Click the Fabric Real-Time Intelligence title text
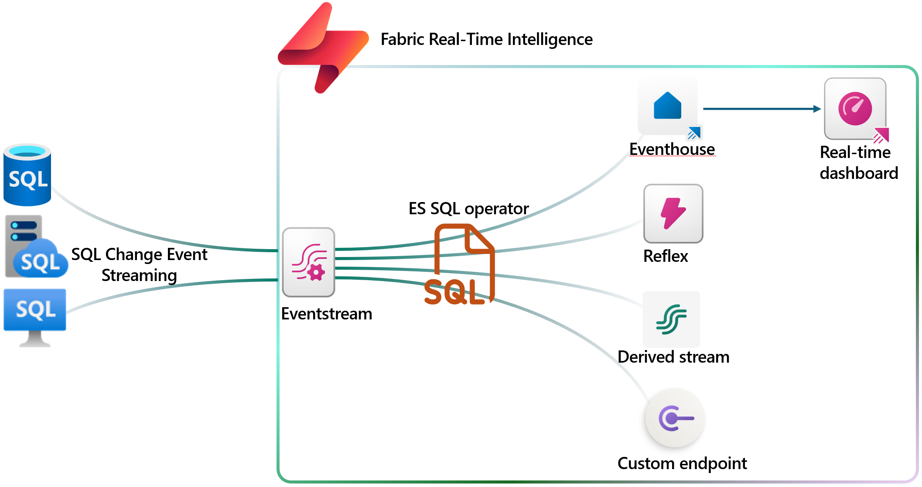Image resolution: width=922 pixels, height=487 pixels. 486,39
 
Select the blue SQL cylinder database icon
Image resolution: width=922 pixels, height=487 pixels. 27,175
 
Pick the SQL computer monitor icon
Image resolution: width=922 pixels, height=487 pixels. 35,316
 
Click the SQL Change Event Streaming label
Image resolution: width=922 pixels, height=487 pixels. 139,264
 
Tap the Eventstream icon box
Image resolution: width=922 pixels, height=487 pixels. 308,262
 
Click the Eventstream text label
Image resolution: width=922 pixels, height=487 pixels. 326,314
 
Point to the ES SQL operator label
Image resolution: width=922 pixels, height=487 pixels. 468,209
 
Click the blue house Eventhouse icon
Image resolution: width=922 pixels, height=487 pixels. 667,106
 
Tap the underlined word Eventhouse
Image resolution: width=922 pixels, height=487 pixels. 672,149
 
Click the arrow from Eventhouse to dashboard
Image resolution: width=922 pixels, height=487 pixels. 761,109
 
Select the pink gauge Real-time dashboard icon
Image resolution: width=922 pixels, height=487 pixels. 855,109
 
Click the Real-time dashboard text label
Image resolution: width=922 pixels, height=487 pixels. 858,163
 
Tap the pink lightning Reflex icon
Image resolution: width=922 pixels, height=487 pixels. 673,213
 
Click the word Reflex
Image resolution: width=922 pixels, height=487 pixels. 666,256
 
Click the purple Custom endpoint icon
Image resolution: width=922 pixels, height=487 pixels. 675,418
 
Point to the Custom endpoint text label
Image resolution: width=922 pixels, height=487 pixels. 682,463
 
